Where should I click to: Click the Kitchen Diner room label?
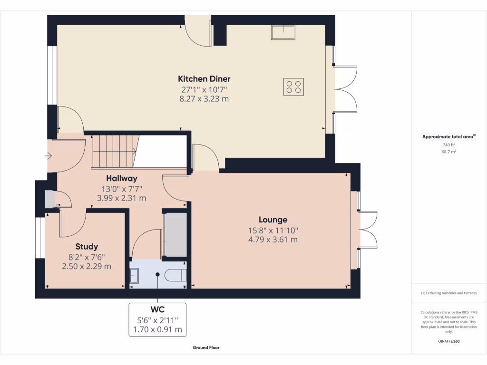click(x=204, y=79)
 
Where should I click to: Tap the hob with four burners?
click(x=294, y=86)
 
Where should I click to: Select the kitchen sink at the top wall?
click(x=283, y=32)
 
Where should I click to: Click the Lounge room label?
click(x=273, y=220)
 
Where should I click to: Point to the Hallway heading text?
click(x=121, y=179)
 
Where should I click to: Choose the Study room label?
click(x=87, y=247)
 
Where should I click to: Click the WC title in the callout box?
click(x=157, y=309)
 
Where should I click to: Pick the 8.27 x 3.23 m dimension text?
click(x=204, y=99)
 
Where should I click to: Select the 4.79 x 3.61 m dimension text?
click(x=273, y=240)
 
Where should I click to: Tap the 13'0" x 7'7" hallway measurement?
click(x=121, y=189)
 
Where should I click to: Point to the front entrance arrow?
click(x=49, y=155)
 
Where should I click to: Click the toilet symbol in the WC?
click(x=175, y=275)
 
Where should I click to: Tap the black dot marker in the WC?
click(x=157, y=274)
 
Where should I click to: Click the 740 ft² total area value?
click(x=449, y=144)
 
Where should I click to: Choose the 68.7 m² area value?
click(x=449, y=152)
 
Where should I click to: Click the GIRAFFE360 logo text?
click(x=449, y=341)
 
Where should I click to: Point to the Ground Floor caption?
click(x=206, y=348)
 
